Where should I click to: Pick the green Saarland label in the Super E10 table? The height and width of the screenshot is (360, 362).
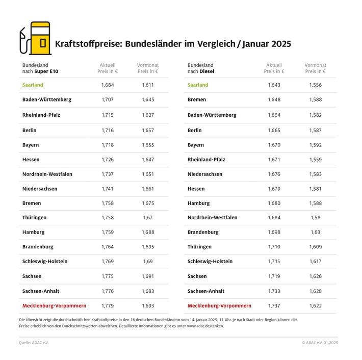tap(33, 85)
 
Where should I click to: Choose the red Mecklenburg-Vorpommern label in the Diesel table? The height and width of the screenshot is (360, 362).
tap(219, 306)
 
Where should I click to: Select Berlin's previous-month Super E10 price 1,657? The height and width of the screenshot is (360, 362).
tap(148, 131)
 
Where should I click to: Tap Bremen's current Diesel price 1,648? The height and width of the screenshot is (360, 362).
tap(274, 100)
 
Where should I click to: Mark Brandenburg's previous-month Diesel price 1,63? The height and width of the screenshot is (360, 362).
tap(315, 232)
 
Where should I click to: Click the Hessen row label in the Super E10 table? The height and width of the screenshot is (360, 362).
tap(31, 160)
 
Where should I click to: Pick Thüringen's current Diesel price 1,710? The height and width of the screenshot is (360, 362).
tap(274, 247)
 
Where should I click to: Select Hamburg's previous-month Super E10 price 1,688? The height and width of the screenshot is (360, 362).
tap(148, 232)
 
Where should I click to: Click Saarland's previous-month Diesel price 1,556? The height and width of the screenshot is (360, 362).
tap(315, 85)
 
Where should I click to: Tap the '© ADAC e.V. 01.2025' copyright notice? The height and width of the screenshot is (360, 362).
tap(320, 343)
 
